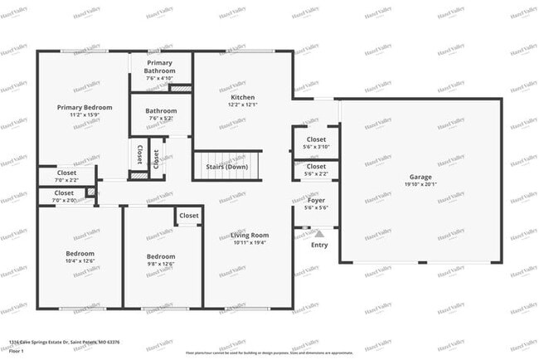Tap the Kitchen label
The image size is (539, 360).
coord(231,97)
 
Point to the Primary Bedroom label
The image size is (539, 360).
coord(85,107)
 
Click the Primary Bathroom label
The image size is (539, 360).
coord(161,67)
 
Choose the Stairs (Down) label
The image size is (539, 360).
coord(226,167)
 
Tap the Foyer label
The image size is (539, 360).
coord(316,200)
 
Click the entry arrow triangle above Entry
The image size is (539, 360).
coord(319,235)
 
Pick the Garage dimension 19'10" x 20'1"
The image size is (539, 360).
coord(420,186)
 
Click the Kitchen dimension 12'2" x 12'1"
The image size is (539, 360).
coord(231,105)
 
